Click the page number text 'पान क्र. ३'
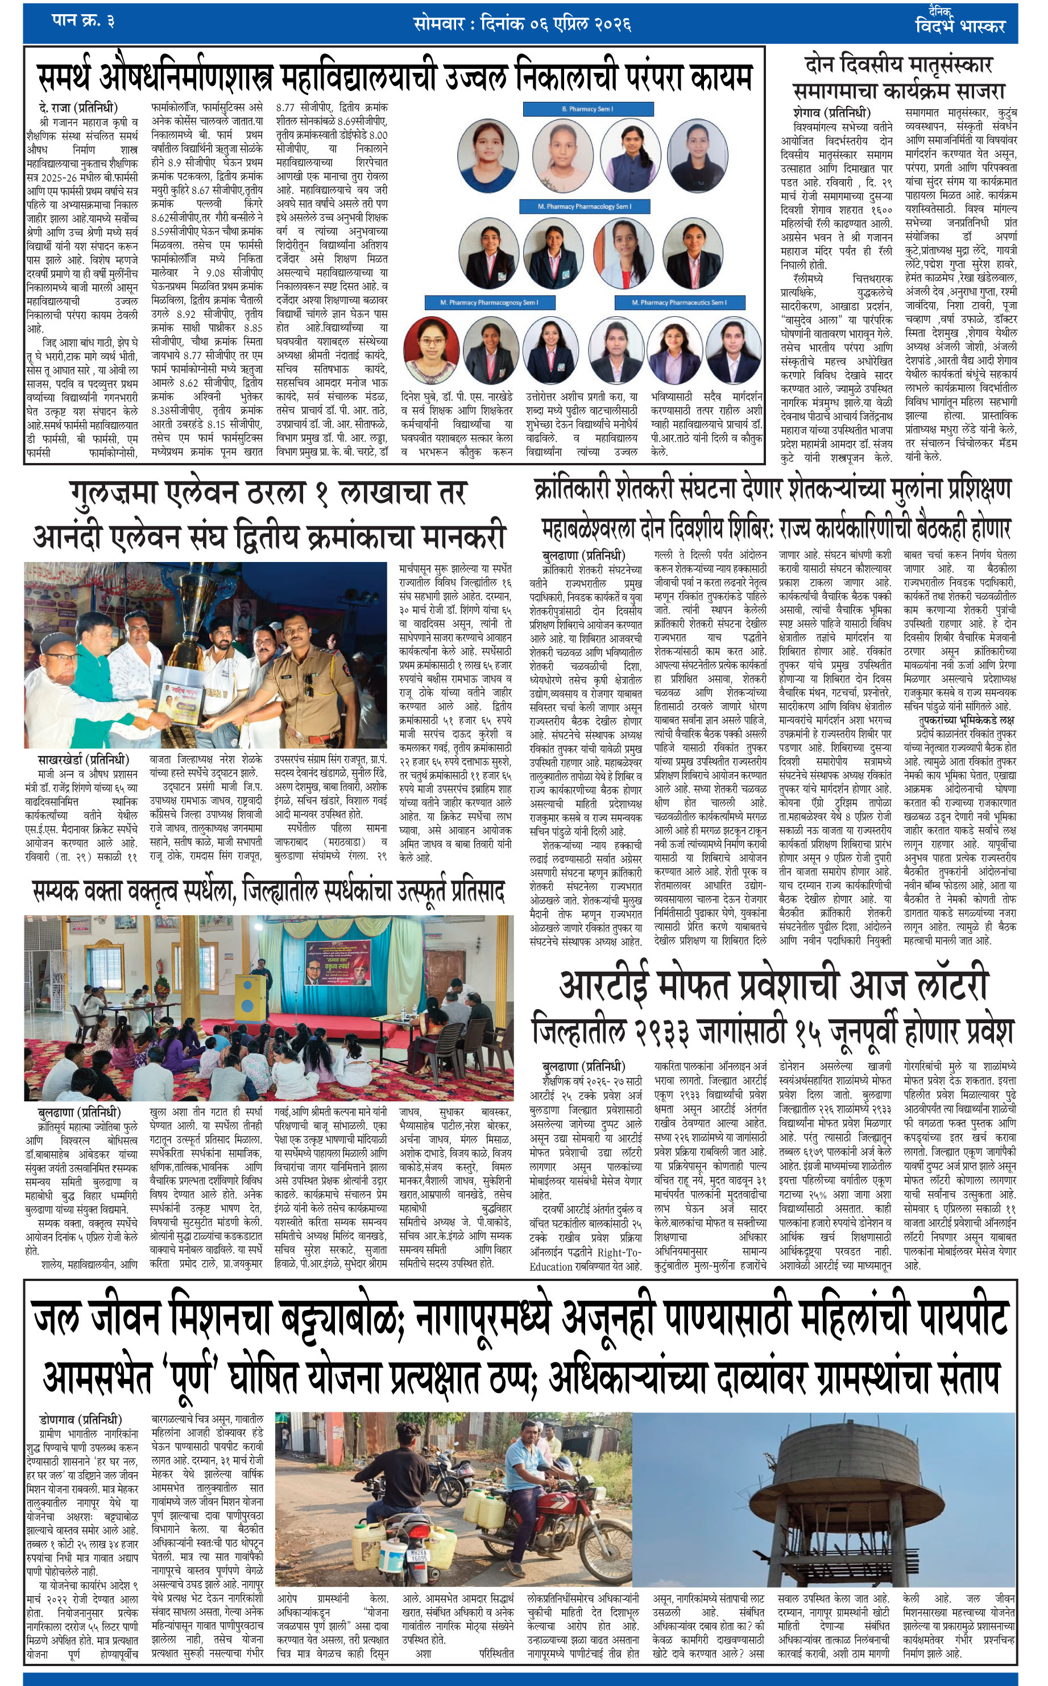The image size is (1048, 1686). [x=83, y=21]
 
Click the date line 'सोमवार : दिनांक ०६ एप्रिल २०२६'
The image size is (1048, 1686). [x=522, y=23]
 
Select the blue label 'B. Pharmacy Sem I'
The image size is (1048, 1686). [x=587, y=109]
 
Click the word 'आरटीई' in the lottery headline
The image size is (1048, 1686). [x=604, y=985]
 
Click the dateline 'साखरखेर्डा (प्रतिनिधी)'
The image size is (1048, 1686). [x=84, y=761]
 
